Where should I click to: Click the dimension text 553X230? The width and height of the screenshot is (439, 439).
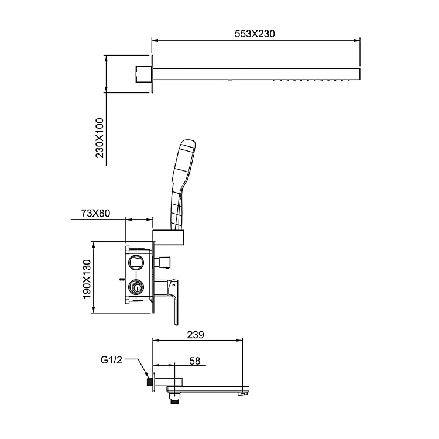255,34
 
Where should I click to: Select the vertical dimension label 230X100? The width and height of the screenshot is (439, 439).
100,139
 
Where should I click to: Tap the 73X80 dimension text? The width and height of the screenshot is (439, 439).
95,213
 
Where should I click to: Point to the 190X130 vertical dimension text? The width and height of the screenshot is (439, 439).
87,279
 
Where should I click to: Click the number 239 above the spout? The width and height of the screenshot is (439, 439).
196,335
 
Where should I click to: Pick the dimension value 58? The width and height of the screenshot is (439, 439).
195,362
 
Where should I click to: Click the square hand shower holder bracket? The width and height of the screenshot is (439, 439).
169,237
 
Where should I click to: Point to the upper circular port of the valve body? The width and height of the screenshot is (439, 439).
137,261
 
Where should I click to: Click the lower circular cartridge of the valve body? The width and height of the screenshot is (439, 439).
137,287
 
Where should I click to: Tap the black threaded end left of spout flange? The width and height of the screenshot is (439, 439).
150,383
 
